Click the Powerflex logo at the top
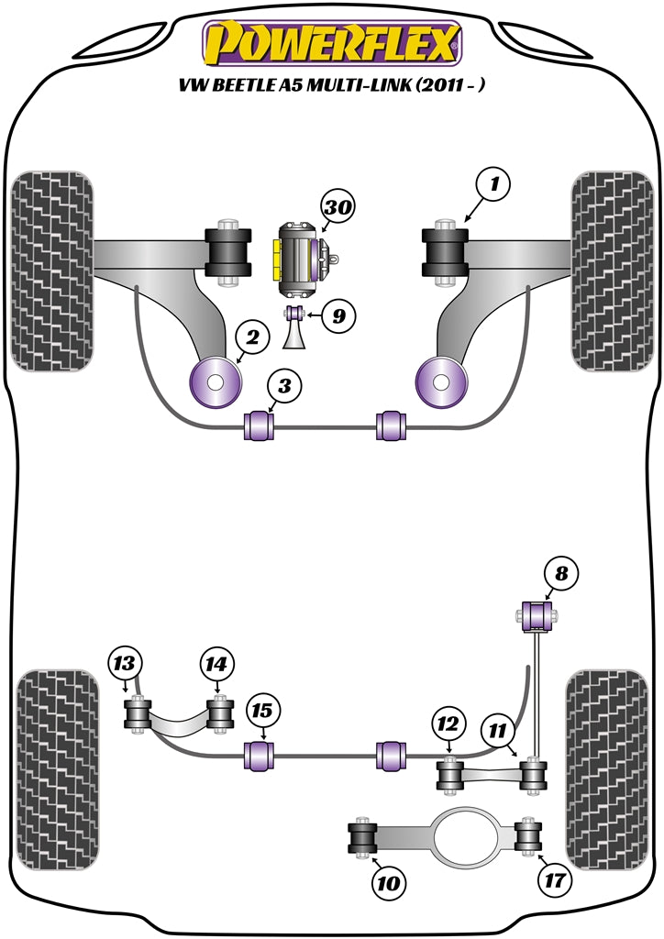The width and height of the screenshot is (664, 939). point(331,43)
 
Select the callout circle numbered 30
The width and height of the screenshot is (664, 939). point(337,208)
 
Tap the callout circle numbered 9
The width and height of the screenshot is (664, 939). point(338,317)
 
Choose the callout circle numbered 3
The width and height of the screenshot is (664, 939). point(284,387)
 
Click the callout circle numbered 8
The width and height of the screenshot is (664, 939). point(561,574)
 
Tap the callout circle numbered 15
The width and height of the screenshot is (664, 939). point(263,711)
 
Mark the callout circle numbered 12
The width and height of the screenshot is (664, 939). point(447,724)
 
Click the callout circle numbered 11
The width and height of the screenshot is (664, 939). point(496,731)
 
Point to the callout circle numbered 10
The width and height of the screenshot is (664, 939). point(386,884)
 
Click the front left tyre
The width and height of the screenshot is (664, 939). point(52,271)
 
